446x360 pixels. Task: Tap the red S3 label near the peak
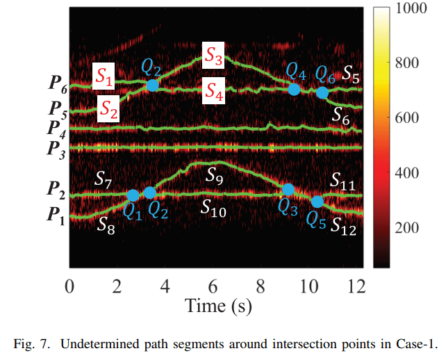213,58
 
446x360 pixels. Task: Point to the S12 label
342,226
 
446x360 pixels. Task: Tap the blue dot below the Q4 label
294,89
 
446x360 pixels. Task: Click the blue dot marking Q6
322,92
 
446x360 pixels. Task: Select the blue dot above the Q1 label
133,196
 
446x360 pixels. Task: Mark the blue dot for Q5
317,202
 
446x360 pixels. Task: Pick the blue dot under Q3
288,188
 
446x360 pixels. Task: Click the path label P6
58,88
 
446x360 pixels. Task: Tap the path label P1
58,216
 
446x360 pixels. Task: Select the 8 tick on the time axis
261,285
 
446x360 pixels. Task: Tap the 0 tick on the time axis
69,285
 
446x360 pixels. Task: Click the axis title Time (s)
217,304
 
